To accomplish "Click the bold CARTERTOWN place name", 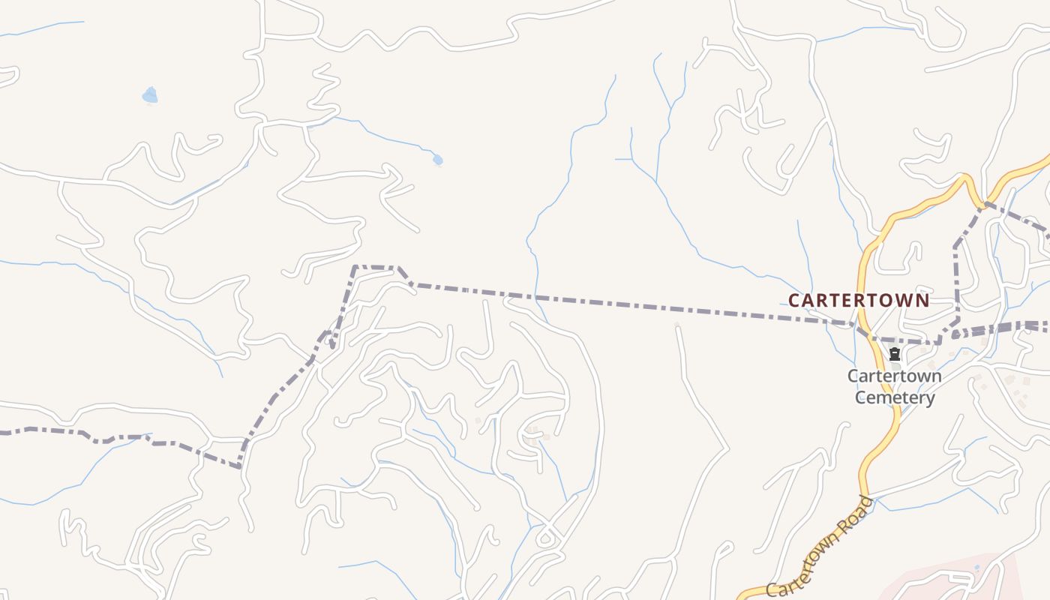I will [859, 301].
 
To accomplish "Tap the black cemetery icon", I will [894, 353].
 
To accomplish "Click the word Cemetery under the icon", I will [895, 397].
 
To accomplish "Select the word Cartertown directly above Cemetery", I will [895, 376].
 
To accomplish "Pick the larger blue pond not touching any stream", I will [150, 95].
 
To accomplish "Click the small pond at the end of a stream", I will [437, 160].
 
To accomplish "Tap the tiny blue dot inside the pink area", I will [976, 568].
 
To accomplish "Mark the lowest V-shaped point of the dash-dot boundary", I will [240, 466].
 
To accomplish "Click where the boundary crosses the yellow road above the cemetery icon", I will [862, 331].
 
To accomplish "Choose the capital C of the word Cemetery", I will [862, 397].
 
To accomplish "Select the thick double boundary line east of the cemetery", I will [1005, 328].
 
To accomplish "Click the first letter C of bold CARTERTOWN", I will [794, 301].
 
